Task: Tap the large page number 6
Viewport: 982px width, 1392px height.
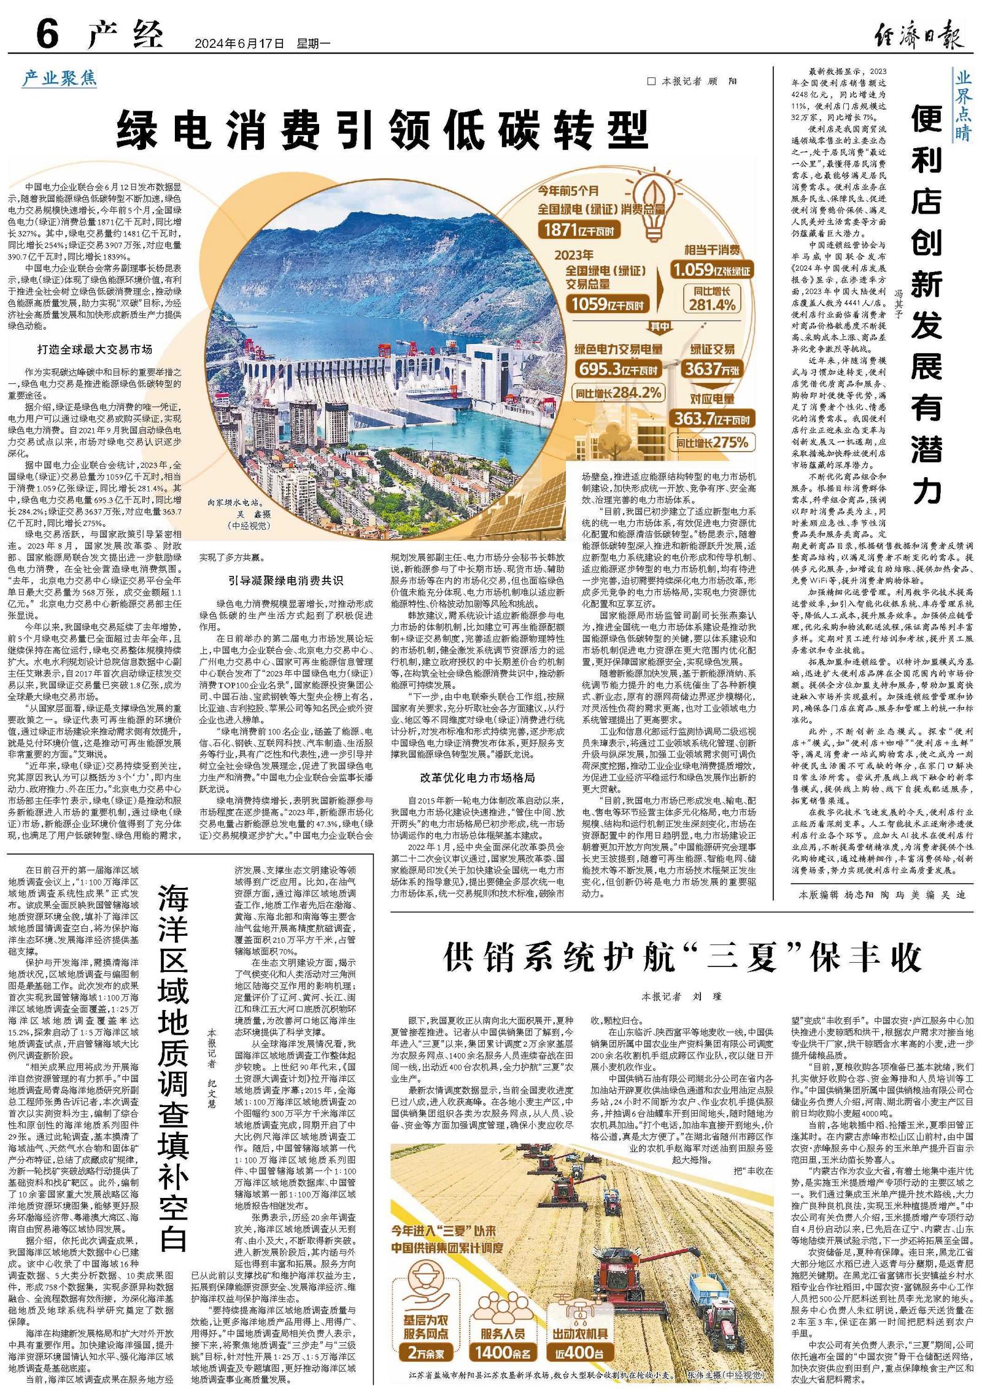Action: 47,33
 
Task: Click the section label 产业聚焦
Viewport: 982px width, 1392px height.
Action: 60,78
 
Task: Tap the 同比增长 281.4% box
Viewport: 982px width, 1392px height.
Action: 712,298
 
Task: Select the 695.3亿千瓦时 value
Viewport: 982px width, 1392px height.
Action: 617,370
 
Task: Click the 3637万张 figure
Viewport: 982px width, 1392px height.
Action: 712,369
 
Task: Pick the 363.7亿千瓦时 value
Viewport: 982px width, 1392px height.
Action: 712,419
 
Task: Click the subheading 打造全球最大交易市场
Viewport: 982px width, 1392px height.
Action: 95,349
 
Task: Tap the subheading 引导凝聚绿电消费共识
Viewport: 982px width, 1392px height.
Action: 285,580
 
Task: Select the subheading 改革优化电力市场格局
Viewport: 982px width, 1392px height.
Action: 477,777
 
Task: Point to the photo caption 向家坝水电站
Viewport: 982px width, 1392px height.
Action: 234,502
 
